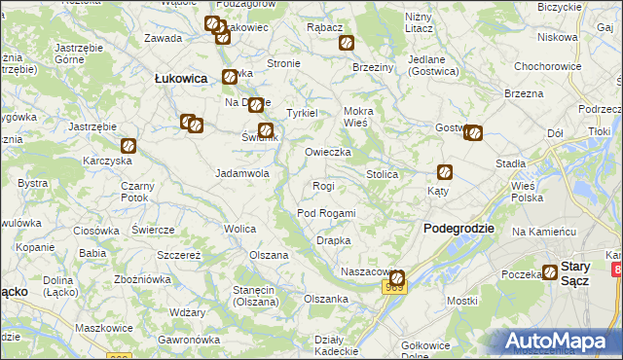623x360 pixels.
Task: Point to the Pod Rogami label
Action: coord(326,213)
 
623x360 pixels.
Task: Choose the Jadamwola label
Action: coord(241,173)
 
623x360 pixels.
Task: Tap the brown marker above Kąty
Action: coord(445,172)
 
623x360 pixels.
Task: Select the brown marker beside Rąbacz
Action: coord(346,43)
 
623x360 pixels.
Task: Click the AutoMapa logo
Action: coord(558,341)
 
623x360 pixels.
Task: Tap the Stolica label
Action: coord(382,174)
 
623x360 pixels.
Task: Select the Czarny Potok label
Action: coord(135,192)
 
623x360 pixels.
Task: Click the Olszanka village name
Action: coord(326,299)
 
